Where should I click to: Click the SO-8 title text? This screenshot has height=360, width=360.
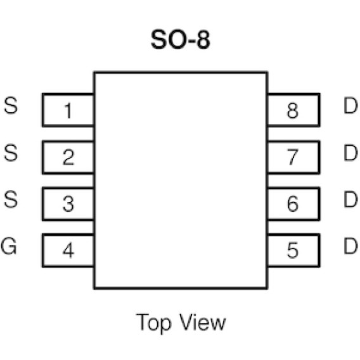click(x=181, y=39)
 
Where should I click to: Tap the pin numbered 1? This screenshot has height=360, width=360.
click(x=68, y=110)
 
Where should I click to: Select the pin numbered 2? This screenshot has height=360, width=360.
click(x=68, y=157)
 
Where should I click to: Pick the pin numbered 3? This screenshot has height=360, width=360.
click(x=68, y=204)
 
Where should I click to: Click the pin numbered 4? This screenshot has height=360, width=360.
click(x=68, y=251)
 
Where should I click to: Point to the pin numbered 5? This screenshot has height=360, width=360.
click(x=293, y=251)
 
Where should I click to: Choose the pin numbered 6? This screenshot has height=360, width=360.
click(x=293, y=204)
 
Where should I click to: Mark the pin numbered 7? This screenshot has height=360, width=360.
click(x=293, y=157)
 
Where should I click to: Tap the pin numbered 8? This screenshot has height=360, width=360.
click(x=293, y=110)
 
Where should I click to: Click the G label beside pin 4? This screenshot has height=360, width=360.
click(x=9, y=246)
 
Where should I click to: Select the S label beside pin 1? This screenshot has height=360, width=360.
click(x=11, y=105)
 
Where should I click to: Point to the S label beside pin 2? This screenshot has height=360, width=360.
click(x=11, y=153)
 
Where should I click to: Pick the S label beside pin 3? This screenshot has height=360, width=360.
click(x=11, y=200)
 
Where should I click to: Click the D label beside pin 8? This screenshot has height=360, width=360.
click(x=350, y=105)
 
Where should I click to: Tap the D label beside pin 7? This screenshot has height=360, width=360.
click(x=350, y=153)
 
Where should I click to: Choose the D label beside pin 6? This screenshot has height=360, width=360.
click(x=350, y=200)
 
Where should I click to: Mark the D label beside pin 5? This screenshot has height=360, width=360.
click(x=350, y=246)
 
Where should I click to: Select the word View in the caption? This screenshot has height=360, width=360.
click(x=202, y=322)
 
